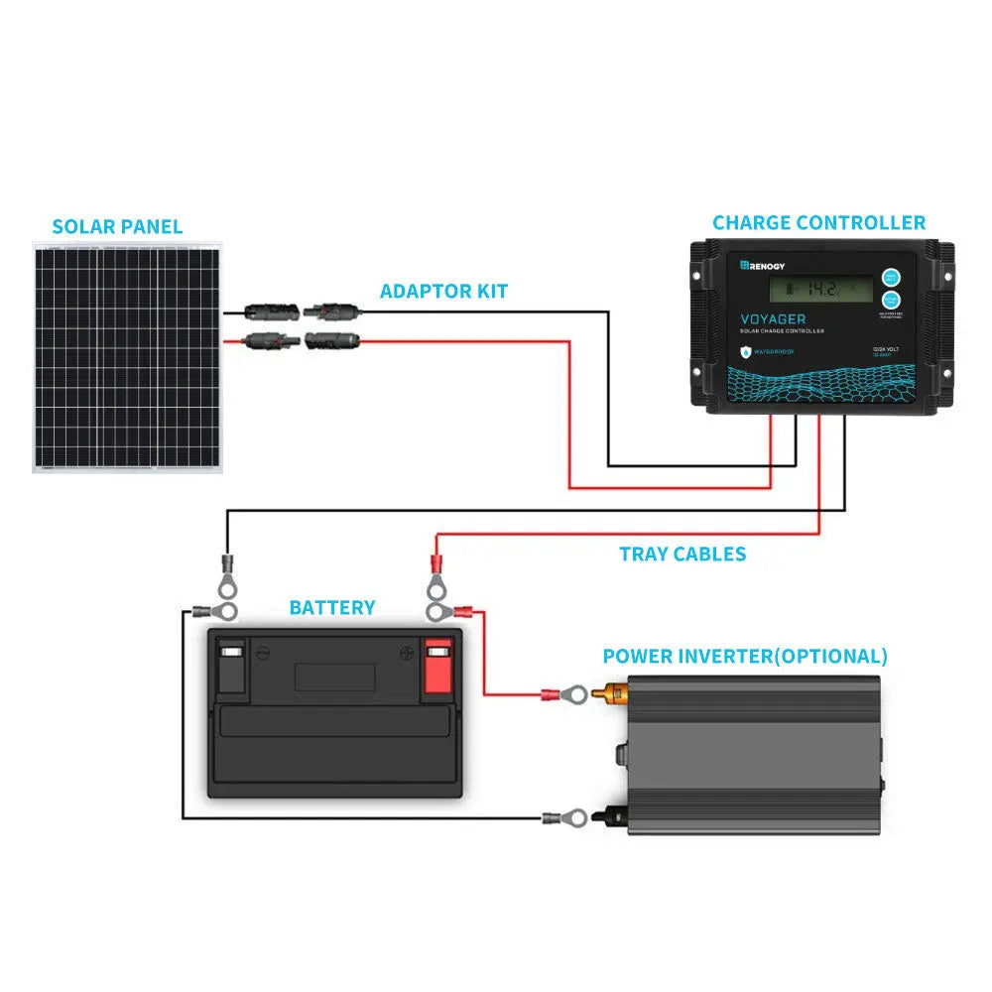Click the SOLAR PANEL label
117,226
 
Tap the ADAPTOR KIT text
443,291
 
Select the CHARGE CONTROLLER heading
818,222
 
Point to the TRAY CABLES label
682,554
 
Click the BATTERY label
332,607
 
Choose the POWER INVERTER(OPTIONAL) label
745,656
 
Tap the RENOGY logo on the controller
761,265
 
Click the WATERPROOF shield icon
745,351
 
